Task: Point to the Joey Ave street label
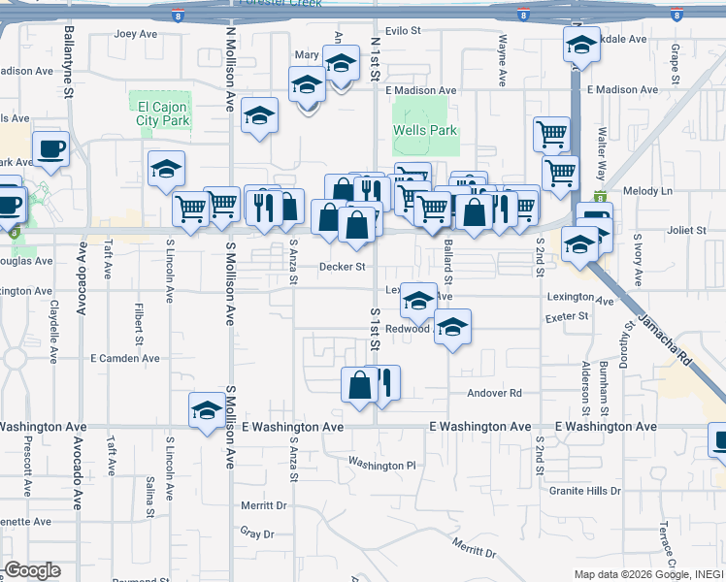point(136,33)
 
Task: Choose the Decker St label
point(343,267)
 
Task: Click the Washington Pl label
point(381,466)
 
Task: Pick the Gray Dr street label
point(259,533)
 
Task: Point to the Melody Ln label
point(648,191)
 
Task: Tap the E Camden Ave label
point(122,358)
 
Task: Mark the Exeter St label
point(568,316)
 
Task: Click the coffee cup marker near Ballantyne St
point(50,149)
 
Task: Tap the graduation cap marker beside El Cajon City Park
point(167,169)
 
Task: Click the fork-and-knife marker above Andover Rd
point(384,383)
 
